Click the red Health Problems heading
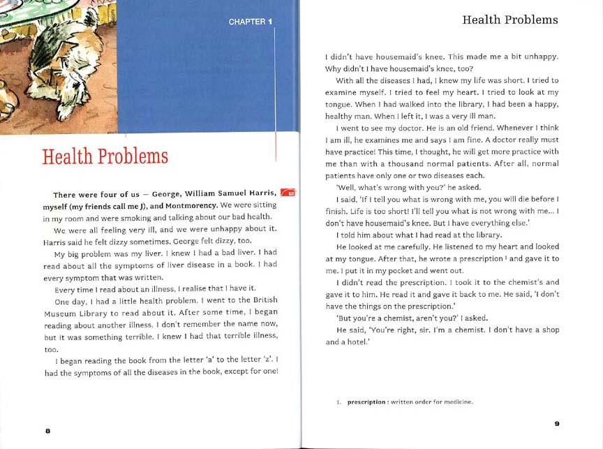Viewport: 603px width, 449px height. [x=105, y=156]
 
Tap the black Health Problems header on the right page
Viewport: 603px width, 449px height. [x=510, y=20]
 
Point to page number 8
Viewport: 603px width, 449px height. [x=47, y=431]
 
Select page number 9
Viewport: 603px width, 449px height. [x=557, y=423]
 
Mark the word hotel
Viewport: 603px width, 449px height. [x=355, y=341]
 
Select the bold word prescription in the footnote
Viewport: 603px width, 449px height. [x=366, y=402]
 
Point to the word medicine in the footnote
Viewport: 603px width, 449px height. [x=458, y=402]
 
